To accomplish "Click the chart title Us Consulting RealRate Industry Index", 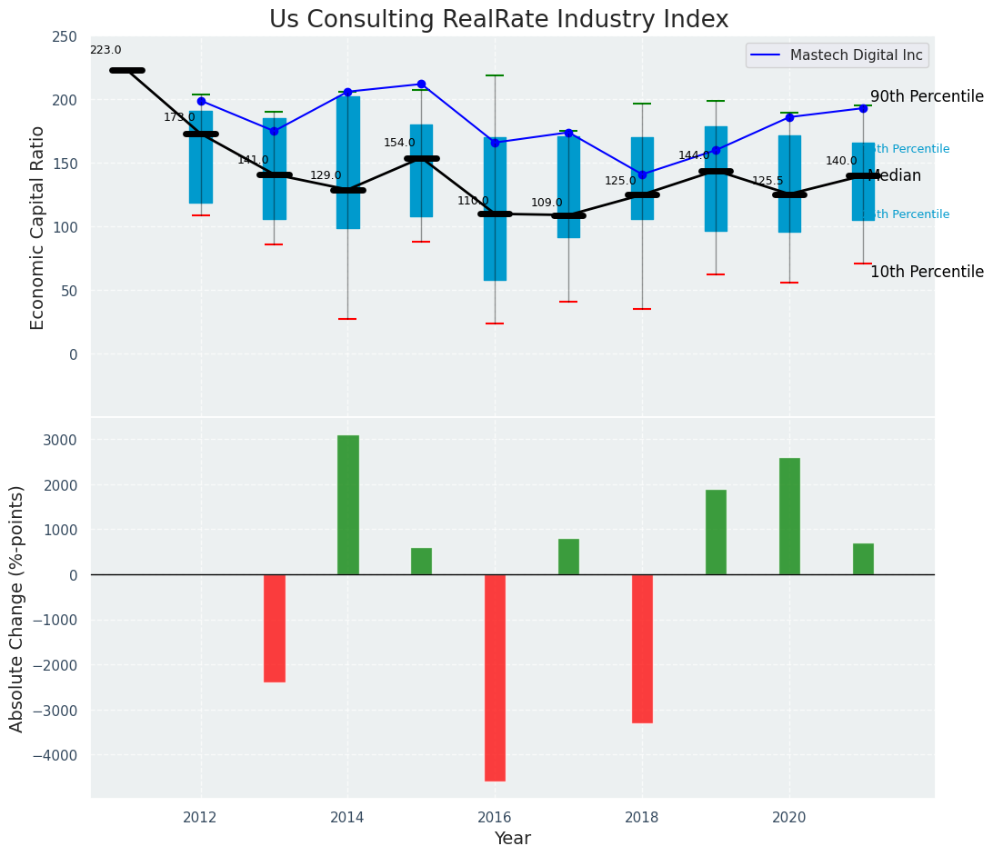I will point(498,20).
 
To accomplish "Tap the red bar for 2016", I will point(495,677).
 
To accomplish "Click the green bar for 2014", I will point(347,504).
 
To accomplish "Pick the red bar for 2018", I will point(642,648).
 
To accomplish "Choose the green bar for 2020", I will point(789,516).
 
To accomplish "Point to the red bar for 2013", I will point(274,628).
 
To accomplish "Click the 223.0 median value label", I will point(105,51).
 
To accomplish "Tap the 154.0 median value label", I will point(399,144).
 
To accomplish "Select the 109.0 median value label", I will point(547,204).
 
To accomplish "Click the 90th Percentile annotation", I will point(927,96).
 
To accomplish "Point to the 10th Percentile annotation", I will point(927,272).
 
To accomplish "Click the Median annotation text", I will point(895,176).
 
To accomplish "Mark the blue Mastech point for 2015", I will point(421,85).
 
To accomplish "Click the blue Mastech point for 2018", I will point(642,174).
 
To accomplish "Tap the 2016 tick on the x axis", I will point(495,818).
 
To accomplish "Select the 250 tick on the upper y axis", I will point(64,37).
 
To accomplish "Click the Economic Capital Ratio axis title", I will point(38,227).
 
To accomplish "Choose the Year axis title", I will point(512,839).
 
